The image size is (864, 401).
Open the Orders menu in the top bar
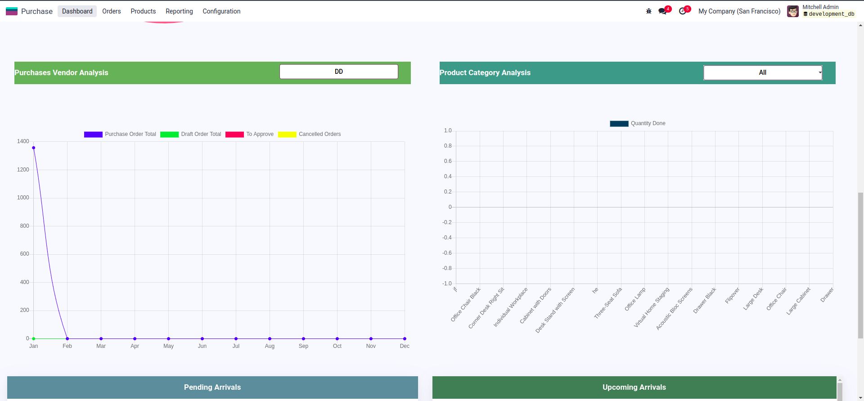pyautogui.click(x=111, y=11)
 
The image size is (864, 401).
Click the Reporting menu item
pyautogui.click(x=179, y=11)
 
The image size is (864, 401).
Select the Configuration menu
pyautogui.click(x=221, y=11)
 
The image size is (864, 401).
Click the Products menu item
pyautogui.click(x=143, y=11)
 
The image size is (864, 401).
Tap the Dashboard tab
pyautogui.click(x=77, y=11)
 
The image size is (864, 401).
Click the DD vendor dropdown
pyautogui.click(x=338, y=72)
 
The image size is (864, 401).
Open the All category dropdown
pyautogui.click(x=763, y=72)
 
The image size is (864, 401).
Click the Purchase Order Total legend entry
pyautogui.click(x=120, y=134)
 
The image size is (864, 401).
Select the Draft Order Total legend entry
pyautogui.click(x=191, y=134)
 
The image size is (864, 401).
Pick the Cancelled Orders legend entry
pyautogui.click(x=310, y=134)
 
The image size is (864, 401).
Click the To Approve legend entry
pyautogui.click(x=250, y=134)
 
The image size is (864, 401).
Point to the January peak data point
pyautogui.click(x=34, y=148)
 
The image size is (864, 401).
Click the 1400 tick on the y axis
pyautogui.click(x=23, y=141)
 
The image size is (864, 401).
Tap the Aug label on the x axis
pyautogui.click(x=270, y=346)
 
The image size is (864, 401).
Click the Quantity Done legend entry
pyautogui.click(x=638, y=123)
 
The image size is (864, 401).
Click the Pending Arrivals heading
pyautogui.click(x=212, y=387)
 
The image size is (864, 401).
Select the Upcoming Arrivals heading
pyautogui.click(x=634, y=387)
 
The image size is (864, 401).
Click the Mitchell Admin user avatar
pyautogui.click(x=793, y=11)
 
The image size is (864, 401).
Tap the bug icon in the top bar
pyautogui.click(x=648, y=11)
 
